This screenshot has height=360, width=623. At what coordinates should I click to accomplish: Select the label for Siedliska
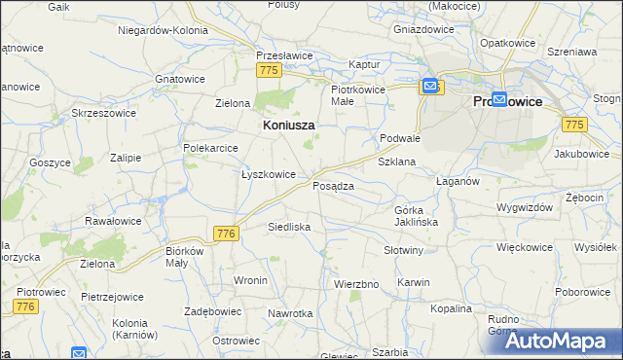click(289, 227)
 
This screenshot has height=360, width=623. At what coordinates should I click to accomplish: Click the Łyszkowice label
click(268, 174)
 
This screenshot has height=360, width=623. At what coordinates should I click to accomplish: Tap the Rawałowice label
click(113, 221)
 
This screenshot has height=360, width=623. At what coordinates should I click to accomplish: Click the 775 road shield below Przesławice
click(270, 71)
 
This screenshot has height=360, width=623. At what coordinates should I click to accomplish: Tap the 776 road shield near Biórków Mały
click(226, 234)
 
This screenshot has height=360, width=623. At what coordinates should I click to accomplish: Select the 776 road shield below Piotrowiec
click(26, 307)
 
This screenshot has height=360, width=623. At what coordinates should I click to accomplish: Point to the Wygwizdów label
click(524, 207)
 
